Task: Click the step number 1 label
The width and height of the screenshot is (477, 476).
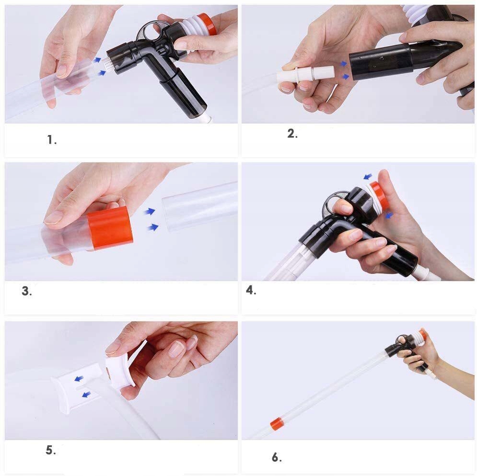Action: tap(52, 140)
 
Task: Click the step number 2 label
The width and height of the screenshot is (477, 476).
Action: tap(292, 134)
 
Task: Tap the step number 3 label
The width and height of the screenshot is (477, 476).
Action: tap(26, 291)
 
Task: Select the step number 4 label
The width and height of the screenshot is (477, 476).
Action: tap(251, 290)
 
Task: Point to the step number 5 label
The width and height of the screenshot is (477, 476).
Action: tap(50, 450)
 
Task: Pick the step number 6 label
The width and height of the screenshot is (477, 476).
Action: tap(277, 457)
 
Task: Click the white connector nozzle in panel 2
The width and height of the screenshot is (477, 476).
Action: tap(306, 75)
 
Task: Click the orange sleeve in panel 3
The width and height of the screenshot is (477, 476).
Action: tap(110, 228)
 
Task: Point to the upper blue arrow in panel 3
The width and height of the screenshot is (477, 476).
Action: tap(150, 211)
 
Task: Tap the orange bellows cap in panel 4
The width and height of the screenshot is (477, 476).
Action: tap(380, 195)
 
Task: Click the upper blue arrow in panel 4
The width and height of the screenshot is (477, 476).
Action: tap(368, 176)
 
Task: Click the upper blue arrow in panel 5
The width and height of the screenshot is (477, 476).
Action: tap(79, 379)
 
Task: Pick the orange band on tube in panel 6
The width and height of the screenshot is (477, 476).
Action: tap(276, 424)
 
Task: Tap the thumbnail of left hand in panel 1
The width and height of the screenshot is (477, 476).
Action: tap(61, 71)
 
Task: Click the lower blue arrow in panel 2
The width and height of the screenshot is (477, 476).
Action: tap(345, 77)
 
